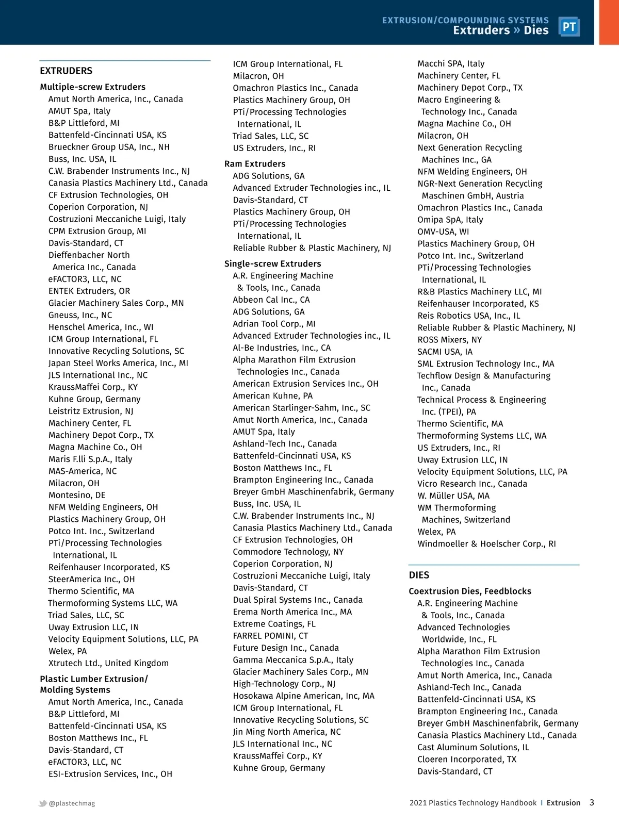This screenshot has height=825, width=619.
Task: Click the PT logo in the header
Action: tap(569, 27)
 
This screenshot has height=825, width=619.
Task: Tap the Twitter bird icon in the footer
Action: tap(43, 803)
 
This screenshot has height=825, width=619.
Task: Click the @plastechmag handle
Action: tap(72, 803)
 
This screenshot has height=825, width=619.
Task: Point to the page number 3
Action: tap(592, 802)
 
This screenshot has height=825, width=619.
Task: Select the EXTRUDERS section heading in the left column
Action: tap(66, 71)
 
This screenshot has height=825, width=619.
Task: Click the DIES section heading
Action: tap(419, 575)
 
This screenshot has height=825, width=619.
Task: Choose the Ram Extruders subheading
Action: tap(255, 163)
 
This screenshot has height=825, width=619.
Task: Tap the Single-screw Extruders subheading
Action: tap(272, 263)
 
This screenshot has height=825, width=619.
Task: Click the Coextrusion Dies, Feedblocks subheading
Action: tap(470, 591)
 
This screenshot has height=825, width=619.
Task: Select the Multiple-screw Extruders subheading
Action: tap(93, 87)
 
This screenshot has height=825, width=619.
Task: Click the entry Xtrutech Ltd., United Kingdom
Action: tap(108, 663)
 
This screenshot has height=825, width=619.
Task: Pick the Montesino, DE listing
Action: tap(77, 495)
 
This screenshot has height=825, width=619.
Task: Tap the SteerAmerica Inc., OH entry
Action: tap(91, 579)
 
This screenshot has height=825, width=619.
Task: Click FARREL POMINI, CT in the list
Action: tap(270, 636)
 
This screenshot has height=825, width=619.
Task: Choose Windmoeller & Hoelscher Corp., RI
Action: tap(486, 543)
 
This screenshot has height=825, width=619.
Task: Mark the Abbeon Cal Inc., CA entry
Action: tap(271, 300)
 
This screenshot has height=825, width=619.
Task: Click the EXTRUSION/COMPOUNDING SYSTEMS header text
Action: tap(465, 20)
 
